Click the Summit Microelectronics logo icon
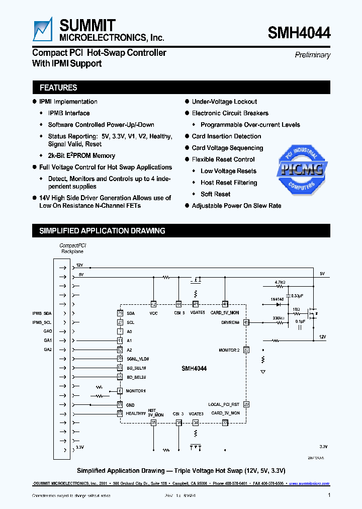[x=43, y=29]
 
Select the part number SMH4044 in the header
[x=299, y=33]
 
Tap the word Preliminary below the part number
[x=312, y=55]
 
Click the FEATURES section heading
[x=58, y=88]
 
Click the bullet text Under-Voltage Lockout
[x=224, y=102]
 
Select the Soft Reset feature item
[x=215, y=194]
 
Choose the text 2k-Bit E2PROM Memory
[x=81, y=156]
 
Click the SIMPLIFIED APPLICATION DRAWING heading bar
[x=103, y=231]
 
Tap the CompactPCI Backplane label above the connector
[x=72, y=247]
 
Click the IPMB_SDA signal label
[x=42, y=313]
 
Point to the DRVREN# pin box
[x=246, y=322]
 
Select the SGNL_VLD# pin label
[x=137, y=359]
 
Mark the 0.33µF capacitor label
[x=298, y=295]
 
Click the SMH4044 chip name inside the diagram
[x=194, y=369]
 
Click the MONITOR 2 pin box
[x=246, y=350]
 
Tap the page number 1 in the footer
[x=329, y=495]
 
